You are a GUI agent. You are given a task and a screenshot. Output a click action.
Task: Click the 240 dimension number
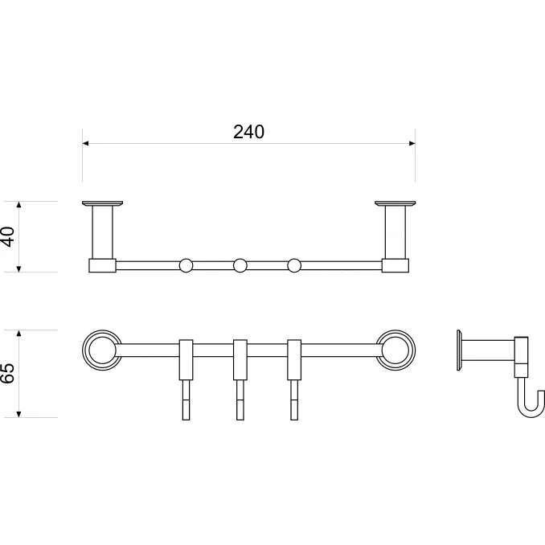[248, 132]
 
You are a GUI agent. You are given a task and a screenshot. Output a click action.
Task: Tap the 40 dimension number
[8, 236]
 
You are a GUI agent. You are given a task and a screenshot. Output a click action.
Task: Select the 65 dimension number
[8, 373]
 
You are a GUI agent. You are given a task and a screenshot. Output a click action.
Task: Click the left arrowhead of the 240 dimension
[85, 143]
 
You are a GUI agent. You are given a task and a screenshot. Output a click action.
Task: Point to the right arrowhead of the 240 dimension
[412, 143]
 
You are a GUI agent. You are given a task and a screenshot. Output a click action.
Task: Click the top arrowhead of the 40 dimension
[19, 204]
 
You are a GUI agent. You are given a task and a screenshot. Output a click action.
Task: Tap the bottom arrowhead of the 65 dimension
[19, 414]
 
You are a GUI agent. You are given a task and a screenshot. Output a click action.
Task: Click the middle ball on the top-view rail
[240, 265]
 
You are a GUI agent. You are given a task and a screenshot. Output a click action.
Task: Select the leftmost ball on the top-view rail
[186, 265]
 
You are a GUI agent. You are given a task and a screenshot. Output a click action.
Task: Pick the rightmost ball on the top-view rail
[294, 265]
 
